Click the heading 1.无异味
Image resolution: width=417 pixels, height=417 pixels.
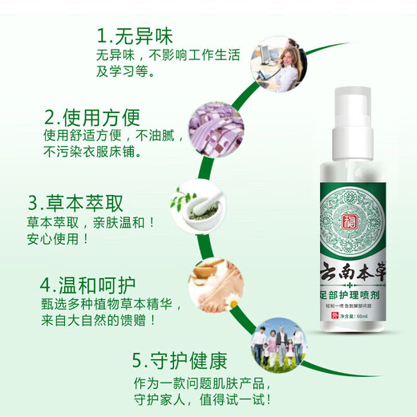tap(135, 36)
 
